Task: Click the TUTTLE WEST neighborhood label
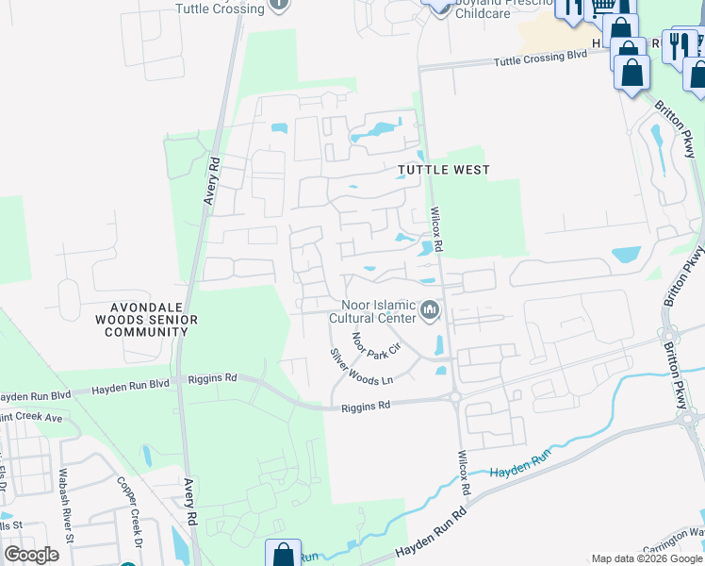coord(443,170)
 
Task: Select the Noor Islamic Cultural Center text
coord(371,311)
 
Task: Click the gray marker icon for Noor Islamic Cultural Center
coord(431,309)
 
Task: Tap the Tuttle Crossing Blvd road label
coord(541,59)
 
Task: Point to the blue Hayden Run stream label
coord(520,459)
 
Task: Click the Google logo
coord(31,554)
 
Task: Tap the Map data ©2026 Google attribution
coord(647,558)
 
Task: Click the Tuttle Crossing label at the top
coord(220,8)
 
